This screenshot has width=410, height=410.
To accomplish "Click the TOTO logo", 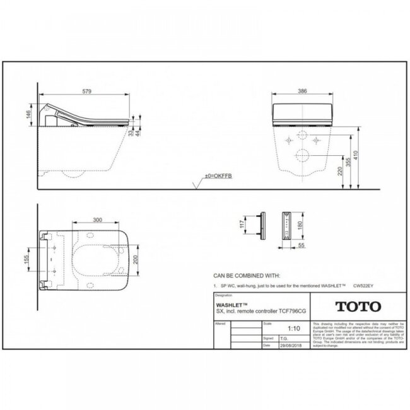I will [356, 307].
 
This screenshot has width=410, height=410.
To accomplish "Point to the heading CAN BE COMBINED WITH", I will [245, 276].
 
